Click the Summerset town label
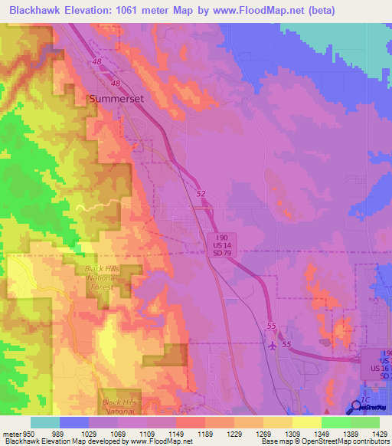click(x=116, y=99)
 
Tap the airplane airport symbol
click(x=274, y=344)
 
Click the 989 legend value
click(x=74, y=433)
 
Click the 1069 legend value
click(x=132, y=433)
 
